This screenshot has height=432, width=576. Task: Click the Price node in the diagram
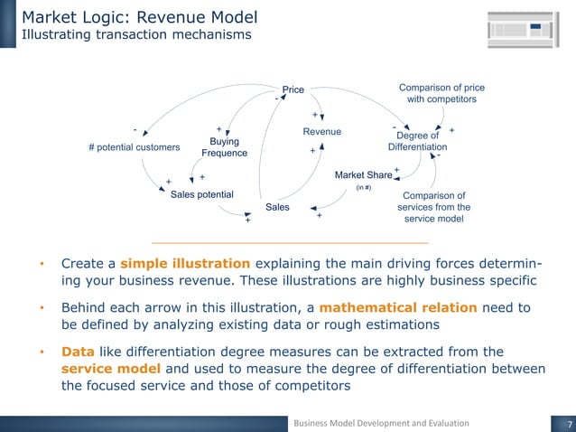pos(293,89)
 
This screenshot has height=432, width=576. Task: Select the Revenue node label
pos(321,132)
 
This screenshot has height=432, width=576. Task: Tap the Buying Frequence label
pos(228,147)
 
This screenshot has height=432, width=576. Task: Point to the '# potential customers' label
pos(134,147)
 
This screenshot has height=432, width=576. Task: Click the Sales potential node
pos(202,194)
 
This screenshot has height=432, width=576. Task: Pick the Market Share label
pos(363,174)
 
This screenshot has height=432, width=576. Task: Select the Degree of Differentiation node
pos(417,141)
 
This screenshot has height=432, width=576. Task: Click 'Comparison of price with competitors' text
pos(441,93)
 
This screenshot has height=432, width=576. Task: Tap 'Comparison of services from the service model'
pos(433,207)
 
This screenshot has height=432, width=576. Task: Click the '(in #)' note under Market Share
pos(364,188)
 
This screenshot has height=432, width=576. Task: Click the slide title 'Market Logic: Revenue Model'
pos(140,16)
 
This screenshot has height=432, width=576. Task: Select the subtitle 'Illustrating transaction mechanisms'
pos(136,35)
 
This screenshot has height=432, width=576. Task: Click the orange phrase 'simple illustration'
pos(185,264)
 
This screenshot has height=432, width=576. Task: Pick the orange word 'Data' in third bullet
pos(78,352)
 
